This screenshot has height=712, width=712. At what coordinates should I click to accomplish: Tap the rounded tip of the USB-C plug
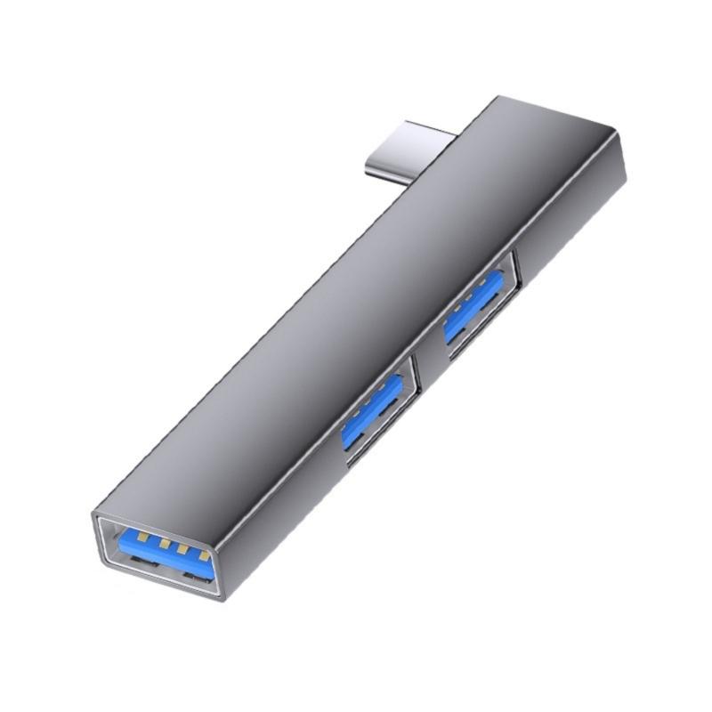coord(374,165)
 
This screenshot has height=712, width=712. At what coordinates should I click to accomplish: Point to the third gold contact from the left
coord(184,549)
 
